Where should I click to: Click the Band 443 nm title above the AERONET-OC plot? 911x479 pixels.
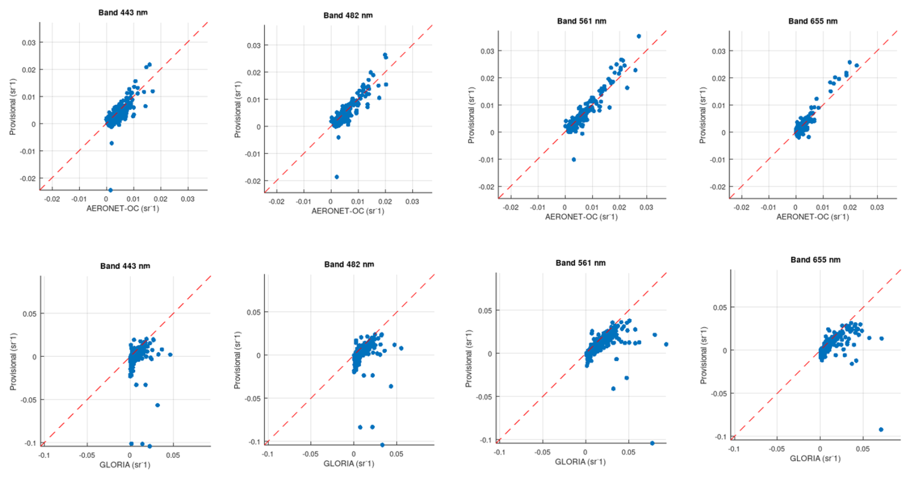(x=123, y=13)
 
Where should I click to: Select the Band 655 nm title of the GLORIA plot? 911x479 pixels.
(x=815, y=260)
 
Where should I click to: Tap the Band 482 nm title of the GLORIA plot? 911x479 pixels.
(x=349, y=264)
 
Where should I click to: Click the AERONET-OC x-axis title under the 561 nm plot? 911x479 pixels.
(x=581, y=217)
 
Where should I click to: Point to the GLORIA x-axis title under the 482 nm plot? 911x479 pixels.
(x=349, y=464)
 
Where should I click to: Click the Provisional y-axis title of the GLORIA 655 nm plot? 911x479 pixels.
(x=703, y=355)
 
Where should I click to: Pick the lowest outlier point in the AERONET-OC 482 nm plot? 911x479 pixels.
(x=337, y=177)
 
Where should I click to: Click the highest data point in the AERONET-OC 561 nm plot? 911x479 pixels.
(x=639, y=36)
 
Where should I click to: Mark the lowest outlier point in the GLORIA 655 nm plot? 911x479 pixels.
(x=881, y=429)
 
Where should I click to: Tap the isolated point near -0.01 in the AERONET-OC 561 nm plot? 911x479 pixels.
(x=573, y=160)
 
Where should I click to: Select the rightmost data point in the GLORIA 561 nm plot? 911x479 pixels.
(x=666, y=345)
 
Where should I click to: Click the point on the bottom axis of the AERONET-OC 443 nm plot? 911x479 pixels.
(x=110, y=190)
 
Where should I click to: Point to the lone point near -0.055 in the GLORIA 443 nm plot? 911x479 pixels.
(x=157, y=405)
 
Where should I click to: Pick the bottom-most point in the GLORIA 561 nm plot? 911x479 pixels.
(x=652, y=443)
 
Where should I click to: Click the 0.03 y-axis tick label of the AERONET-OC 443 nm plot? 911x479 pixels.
(x=28, y=42)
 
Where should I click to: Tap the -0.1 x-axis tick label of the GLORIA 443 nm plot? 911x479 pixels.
(x=44, y=455)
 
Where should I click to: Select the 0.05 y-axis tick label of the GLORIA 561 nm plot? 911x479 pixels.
(x=485, y=311)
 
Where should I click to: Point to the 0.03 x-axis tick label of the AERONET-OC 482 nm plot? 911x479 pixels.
(x=412, y=201)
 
